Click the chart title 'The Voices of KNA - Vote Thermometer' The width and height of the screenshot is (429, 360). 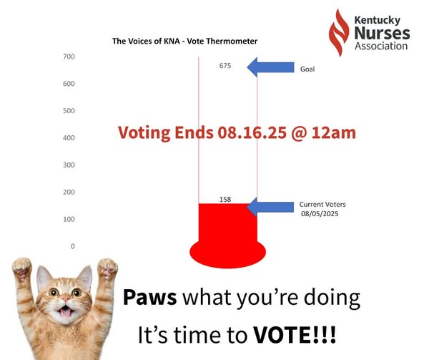point(184,41)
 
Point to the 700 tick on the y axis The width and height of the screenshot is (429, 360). point(69,57)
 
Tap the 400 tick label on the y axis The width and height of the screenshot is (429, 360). point(69,138)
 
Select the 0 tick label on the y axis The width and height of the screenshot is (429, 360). point(72,246)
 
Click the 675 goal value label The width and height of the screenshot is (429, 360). point(225,66)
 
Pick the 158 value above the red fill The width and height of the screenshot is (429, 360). point(225,199)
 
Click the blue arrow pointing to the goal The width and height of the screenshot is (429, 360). point(270,67)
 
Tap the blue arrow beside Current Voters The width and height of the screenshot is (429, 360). point(270,207)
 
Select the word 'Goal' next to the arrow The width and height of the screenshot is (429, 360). point(307,69)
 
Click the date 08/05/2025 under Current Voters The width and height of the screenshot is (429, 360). point(320,214)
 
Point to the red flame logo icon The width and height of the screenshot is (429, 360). point(339,33)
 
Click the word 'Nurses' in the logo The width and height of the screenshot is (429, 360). point(383,33)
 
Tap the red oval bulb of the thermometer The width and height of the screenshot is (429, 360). point(227,253)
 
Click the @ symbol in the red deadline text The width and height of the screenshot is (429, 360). point(299,133)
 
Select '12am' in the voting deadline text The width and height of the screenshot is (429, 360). point(334,133)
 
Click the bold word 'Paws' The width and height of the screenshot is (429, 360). point(149,297)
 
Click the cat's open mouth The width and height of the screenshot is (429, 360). point(65,311)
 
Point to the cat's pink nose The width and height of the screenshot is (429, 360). point(66,298)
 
